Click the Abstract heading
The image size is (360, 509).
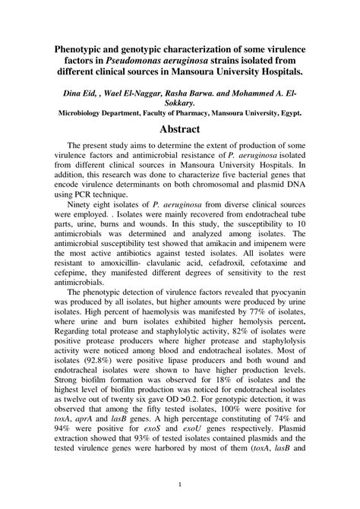pyautogui.click(x=179, y=129)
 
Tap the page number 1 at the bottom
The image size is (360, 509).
pyautogui.click(x=180, y=483)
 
